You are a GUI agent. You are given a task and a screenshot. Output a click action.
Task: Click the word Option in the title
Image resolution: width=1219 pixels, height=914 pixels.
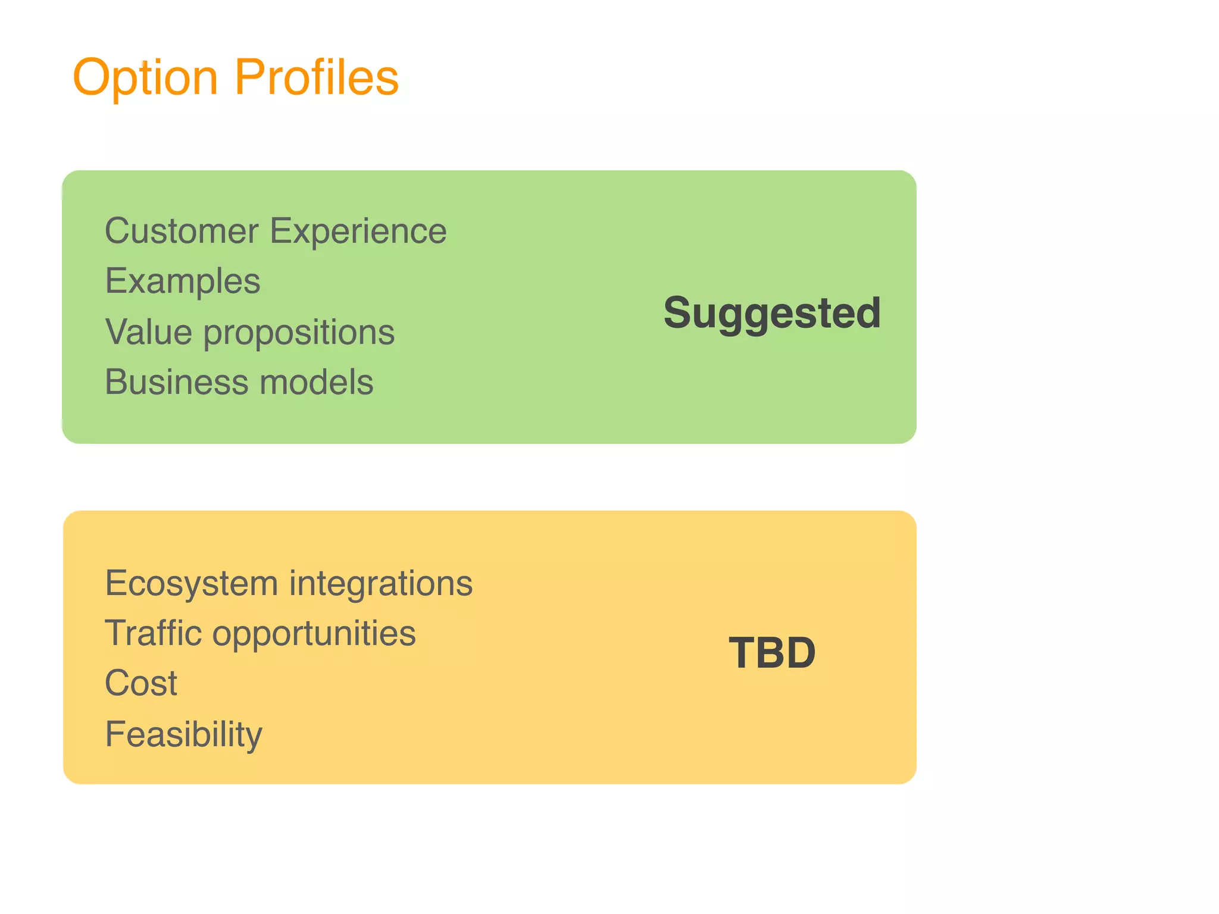[x=145, y=78]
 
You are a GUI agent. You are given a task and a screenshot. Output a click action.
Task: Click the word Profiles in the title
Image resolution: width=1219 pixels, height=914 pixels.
[x=317, y=77]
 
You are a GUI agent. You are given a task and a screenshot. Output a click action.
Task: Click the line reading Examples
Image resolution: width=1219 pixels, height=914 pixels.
[x=183, y=281]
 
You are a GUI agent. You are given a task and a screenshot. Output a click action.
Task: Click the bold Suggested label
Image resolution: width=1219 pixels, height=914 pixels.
[x=772, y=314]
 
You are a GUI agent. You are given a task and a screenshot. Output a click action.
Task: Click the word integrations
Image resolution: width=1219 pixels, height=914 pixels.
[x=381, y=584]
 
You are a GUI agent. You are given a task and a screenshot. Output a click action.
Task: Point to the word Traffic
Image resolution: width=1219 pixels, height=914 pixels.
[x=154, y=633]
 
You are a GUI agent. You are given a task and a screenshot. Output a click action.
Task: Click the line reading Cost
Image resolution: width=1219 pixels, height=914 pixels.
[x=141, y=683]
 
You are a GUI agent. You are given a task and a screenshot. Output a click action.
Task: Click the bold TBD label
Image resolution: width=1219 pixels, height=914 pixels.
[x=772, y=653]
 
